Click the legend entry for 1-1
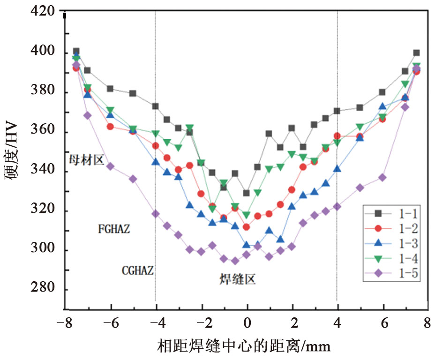click(391, 214)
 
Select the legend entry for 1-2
click(391, 229)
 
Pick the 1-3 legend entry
click(391, 244)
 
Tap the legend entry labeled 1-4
click(391, 259)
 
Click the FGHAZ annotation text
click(114, 230)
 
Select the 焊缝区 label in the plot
click(238, 280)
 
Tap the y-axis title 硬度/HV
click(15, 152)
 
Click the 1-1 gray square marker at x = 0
click(247, 193)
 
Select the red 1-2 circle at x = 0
click(247, 227)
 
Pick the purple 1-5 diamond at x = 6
click(383, 178)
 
